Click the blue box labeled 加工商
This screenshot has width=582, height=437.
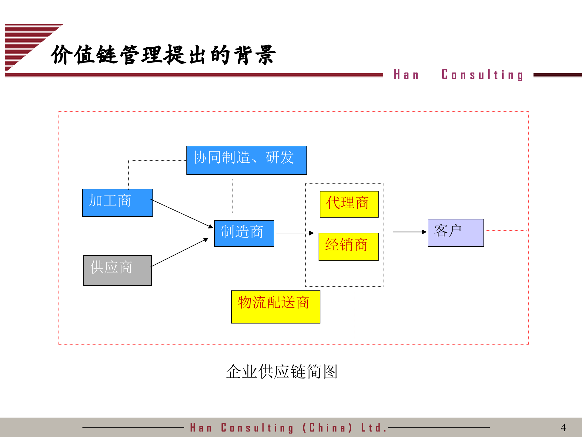coord(117,202)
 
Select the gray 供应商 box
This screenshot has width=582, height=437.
coord(117,270)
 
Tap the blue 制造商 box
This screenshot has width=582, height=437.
coord(244,233)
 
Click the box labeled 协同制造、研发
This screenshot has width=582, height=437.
coord(246,160)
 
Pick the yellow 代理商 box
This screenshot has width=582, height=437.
coord(349,204)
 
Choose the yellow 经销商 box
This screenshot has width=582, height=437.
coord(348,246)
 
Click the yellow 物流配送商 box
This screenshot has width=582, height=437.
coord(276,307)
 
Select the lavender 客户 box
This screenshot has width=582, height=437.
coord(455,232)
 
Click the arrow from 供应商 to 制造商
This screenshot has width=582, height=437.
coord(179,252)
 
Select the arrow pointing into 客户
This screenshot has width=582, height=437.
coord(409,232)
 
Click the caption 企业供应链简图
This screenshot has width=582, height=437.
coord(282,371)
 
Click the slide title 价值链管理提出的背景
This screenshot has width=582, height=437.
coord(163,55)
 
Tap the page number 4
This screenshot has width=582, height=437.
coord(563,428)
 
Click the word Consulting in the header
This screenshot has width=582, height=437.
coord(482,75)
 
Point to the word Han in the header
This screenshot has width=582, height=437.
coord(406,75)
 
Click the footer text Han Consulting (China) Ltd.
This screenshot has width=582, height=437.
coord(288,428)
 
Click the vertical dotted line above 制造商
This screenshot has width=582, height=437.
coord(233,196)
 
